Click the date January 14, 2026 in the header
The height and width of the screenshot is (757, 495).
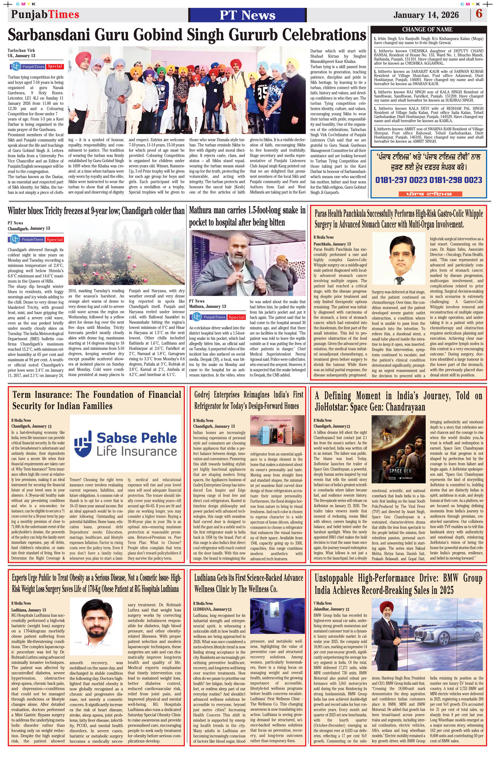pyautogui.click(x=426, y=15)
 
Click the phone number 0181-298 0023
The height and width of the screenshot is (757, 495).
pyautogui.click(x=456, y=180)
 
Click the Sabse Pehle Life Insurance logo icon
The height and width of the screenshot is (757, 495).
pyautogui.click(x=82, y=442)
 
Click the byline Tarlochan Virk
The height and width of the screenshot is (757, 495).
pyautogui.click(x=21, y=50)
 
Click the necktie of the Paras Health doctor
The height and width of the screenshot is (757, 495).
pyautogui.click(x=398, y=280)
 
